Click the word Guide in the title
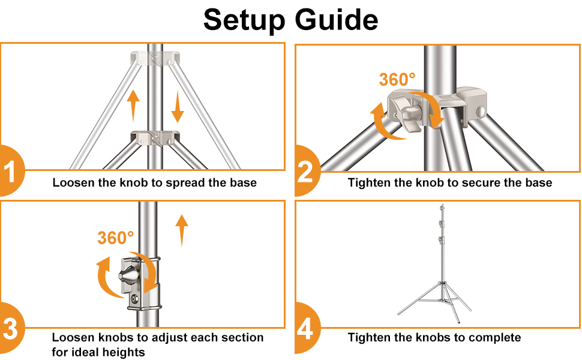[335, 20]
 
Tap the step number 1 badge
[10, 172]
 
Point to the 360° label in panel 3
[115, 238]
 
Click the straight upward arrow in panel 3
[182, 231]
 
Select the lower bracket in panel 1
[156, 137]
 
